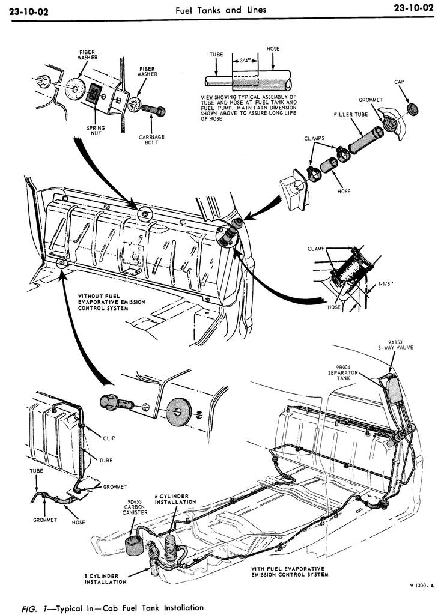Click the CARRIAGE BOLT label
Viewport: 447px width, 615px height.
pos(151,139)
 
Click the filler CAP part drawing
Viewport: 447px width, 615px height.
pos(413,109)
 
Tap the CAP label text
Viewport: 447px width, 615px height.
pos(400,82)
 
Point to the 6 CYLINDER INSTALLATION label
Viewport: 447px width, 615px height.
pos(175,498)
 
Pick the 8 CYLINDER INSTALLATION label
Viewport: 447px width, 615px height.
pos(105,579)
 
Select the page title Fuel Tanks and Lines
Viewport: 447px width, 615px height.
pos(220,10)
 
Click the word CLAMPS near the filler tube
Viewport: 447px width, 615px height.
pos(314,138)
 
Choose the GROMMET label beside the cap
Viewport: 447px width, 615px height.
pos(371,99)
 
